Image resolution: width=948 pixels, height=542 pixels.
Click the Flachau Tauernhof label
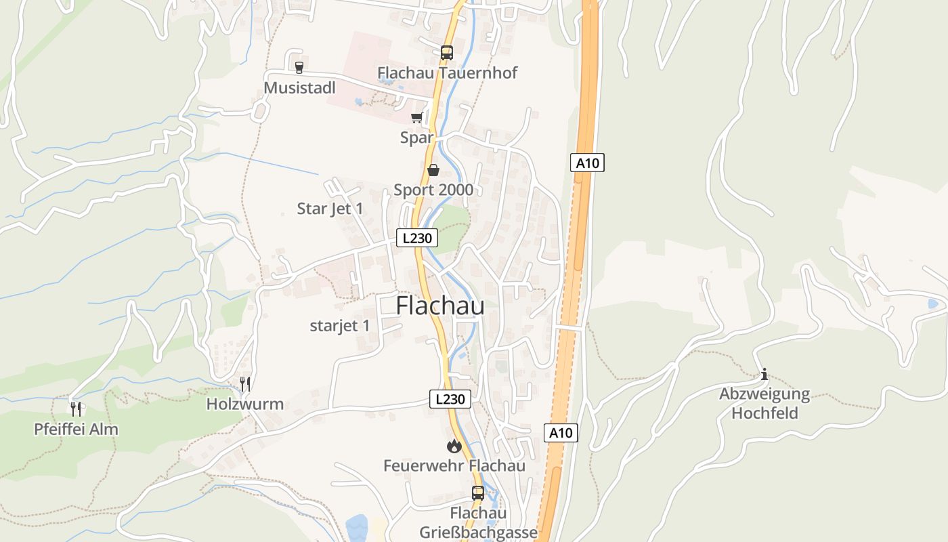tap(447, 72)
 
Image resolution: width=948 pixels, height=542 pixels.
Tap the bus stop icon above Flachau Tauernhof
tap(447, 52)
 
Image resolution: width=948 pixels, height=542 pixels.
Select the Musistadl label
tap(299, 88)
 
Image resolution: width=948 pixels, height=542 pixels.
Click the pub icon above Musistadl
tap(299, 66)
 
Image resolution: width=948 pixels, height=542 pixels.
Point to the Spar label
tap(416, 138)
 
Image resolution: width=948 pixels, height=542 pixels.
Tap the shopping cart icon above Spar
tap(417, 118)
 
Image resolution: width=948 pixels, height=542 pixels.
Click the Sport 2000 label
tap(433, 190)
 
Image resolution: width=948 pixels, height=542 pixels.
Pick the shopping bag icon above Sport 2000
tap(433, 170)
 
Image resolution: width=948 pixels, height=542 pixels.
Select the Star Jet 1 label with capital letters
tap(330, 209)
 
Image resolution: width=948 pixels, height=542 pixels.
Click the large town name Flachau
tap(440, 306)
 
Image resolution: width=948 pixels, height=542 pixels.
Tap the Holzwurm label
tap(245, 404)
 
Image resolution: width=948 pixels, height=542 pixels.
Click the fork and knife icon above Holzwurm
tap(245, 384)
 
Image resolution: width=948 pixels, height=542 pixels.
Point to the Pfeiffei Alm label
tap(76, 429)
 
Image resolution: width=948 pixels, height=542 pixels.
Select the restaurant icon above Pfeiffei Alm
tap(76, 409)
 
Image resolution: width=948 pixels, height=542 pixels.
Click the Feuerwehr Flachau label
tap(454, 465)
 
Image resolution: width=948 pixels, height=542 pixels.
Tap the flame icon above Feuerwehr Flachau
tap(454, 446)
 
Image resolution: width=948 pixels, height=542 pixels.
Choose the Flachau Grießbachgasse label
tap(478, 522)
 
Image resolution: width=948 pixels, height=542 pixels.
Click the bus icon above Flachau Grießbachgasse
tap(478, 493)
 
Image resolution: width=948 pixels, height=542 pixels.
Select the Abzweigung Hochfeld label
tap(764, 403)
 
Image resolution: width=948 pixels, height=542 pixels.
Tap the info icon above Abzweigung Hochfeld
tap(764, 374)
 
